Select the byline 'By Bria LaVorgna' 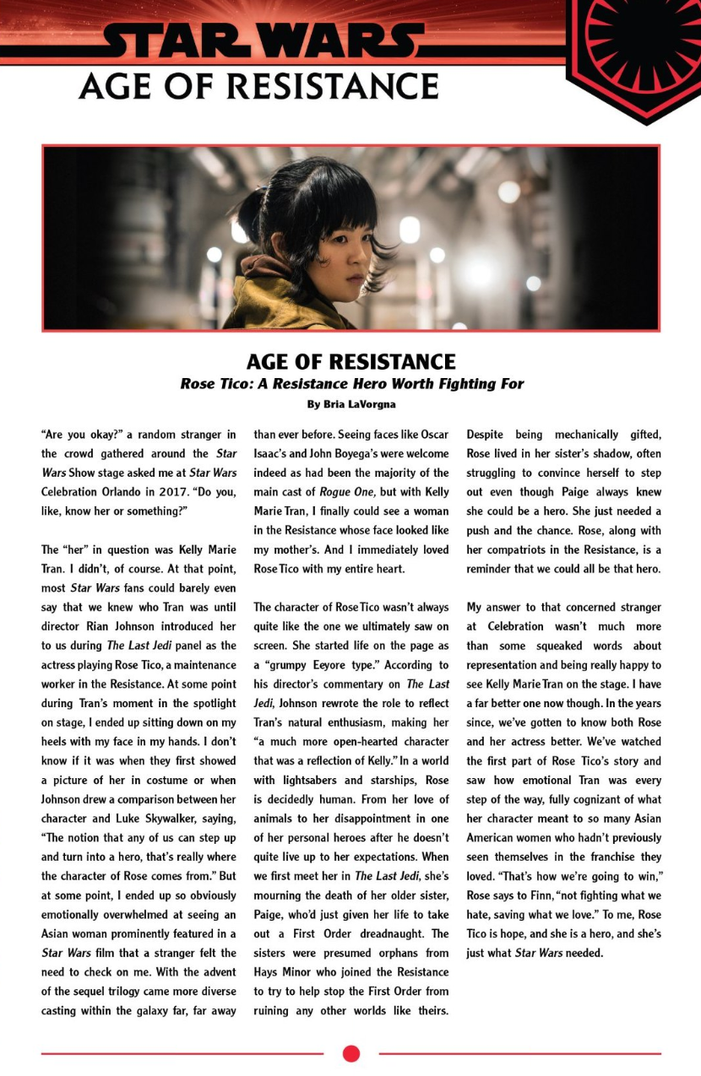(350, 404)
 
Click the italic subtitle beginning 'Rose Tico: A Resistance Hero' (350, 384)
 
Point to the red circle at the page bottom (351, 1053)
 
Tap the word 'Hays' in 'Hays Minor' (269, 972)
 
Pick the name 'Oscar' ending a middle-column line (432, 435)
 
